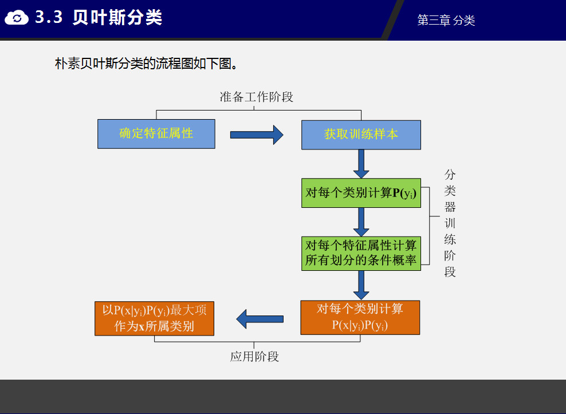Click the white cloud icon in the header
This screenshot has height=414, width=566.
click(x=17, y=18)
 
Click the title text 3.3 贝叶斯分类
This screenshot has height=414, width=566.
click(x=99, y=18)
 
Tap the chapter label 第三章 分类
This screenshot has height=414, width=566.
click(x=446, y=21)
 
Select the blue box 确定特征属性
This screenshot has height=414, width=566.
click(x=156, y=134)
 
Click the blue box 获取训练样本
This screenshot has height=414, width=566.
click(x=361, y=135)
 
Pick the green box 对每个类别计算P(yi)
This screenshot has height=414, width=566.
click(x=361, y=193)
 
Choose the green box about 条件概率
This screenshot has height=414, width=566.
click(x=361, y=253)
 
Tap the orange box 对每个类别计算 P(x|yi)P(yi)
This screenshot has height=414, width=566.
click(x=360, y=317)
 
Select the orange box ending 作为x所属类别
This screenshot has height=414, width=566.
click(x=154, y=318)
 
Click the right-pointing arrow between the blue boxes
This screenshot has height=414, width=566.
click(x=257, y=135)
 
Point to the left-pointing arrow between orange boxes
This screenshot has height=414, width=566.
click(x=260, y=319)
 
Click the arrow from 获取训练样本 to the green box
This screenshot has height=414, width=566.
click(x=361, y=163)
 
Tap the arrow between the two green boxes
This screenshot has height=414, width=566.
click(x=361, y=222)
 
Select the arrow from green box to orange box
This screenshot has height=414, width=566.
click(x=361, y=285)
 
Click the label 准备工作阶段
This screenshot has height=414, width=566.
click(x=257, y=97)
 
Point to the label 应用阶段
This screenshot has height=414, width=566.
click(x=254, y=357)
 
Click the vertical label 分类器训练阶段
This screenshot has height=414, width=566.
click(x=450, y=223)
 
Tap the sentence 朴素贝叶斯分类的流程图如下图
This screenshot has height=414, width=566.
click(x=146, y=64)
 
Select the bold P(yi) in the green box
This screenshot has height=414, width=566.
click(x=404, y=193)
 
